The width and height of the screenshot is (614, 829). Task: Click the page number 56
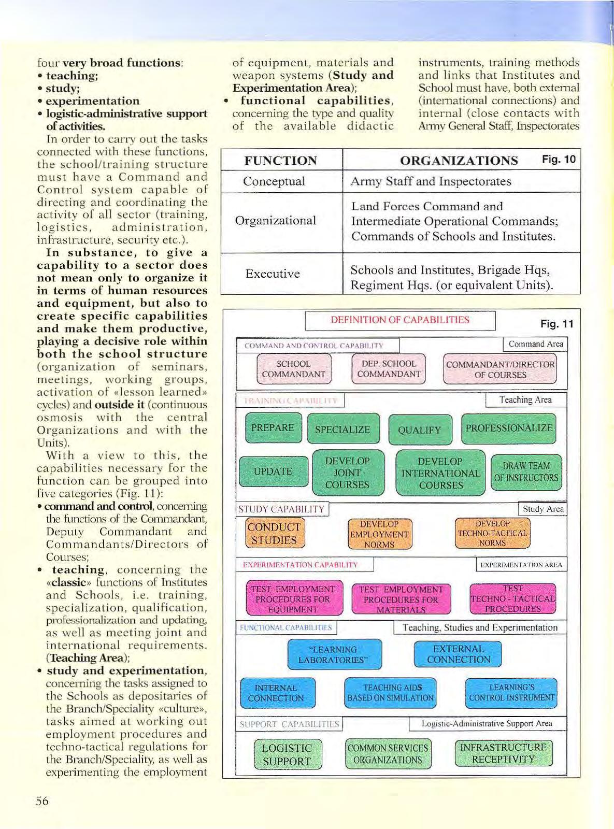[x=42, y=801]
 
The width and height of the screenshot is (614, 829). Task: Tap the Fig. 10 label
[x=559, y=159]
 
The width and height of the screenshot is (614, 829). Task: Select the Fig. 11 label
[x=556, y=324]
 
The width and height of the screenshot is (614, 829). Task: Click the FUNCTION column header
[x=280, y=161]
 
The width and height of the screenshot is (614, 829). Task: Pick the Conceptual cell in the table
[x=274, y=181]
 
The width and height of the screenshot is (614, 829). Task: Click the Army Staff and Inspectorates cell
[x=431, y=181]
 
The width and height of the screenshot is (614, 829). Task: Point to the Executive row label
[x=273, y=274]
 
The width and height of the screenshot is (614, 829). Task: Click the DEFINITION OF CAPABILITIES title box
[x=400, y=320]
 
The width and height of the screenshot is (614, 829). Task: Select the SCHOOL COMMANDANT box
[x=294, y=369]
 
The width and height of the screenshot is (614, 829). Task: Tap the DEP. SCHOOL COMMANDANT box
[x=389, y=369]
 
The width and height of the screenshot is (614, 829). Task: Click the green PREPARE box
[x=273, y=428]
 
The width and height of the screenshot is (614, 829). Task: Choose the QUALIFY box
[x=419, y=430]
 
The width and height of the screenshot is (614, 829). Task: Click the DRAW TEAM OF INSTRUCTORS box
[x=526, y=471]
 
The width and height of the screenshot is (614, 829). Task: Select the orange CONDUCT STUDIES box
[x=274, y=534]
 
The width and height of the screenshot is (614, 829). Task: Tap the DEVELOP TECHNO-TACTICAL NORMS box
[x=492, y=534]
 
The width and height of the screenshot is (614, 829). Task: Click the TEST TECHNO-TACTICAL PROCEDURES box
[x=512, y=599]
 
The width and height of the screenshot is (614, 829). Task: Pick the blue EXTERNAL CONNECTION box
[x=458, y=654]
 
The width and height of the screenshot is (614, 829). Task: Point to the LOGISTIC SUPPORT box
[x=287, y=754]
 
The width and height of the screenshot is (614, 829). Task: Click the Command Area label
[x=535, y=344]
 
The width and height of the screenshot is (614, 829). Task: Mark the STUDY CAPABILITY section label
[x=281, y=509]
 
